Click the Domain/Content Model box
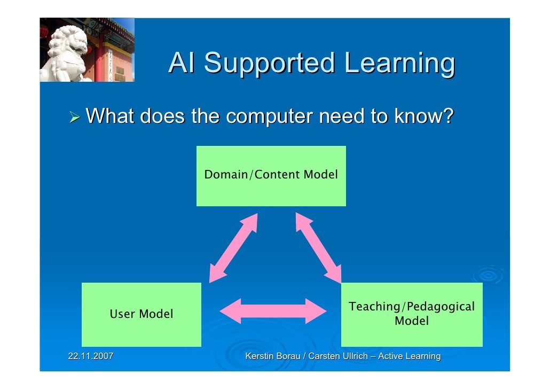point(271,176)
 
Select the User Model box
point(142,314)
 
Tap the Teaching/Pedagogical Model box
point(411,314)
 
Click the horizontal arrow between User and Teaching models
point(273,310)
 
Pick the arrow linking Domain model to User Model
point(233,248)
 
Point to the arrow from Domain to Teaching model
point(318,247)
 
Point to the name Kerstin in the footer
point(258,356)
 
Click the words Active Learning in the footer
point(409,356)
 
